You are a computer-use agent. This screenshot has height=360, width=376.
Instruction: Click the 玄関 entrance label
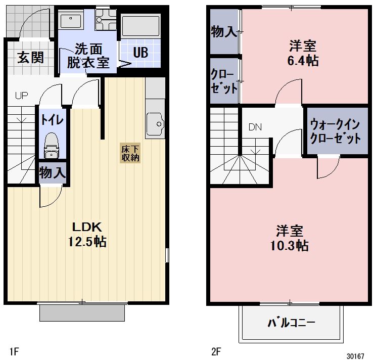pos(30,57)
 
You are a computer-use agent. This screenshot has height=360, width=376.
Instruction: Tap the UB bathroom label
pos(140,53)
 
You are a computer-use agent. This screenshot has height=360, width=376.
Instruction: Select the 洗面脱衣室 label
pos(88,56)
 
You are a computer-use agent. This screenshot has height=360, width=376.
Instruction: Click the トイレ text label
pos(52,120)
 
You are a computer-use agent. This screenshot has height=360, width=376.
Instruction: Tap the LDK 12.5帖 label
pos(87,234)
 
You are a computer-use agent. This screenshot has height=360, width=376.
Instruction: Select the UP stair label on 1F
pos(21,95)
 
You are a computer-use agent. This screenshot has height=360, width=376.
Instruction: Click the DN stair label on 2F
pos(255,127)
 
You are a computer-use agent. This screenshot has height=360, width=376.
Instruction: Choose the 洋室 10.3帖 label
pos(290,239)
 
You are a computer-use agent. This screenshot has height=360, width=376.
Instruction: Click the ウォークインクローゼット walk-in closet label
pos(336,130)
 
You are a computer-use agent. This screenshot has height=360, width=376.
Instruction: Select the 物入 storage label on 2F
pos(223,32)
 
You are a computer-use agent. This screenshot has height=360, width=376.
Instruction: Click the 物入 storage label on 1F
pos(53,172)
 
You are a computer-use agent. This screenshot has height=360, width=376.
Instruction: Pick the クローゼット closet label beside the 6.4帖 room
pos(223,81)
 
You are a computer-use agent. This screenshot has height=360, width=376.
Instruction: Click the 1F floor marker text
pos(15,350)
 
